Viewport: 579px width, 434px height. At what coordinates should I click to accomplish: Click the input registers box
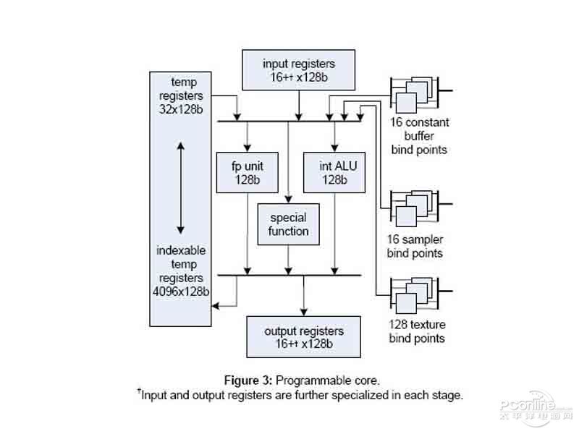299,71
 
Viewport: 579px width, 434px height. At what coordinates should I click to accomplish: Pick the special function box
288,224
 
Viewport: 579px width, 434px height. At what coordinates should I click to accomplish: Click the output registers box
303,336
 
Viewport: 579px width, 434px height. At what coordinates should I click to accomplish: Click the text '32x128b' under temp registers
179,109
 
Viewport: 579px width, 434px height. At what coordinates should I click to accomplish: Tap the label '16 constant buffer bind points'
419,136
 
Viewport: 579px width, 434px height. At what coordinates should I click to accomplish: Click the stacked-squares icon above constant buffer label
414,93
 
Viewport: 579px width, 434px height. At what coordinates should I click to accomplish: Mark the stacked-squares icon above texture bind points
414,294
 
